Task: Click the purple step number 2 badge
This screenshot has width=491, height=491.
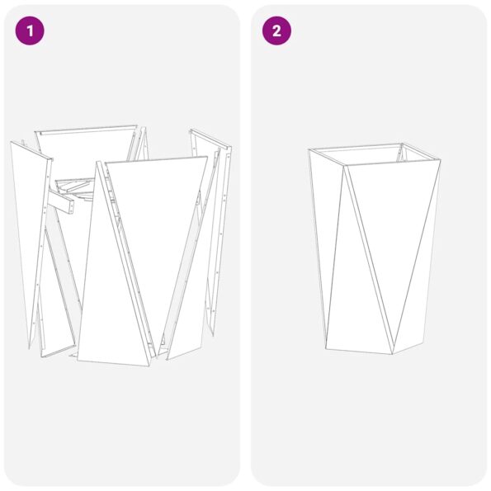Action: pos(276,31)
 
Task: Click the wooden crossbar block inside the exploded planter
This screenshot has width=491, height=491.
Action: pos(66,201)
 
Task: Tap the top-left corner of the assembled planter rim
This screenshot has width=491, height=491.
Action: pos(309,149)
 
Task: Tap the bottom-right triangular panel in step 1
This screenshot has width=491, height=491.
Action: pos(186,314)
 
